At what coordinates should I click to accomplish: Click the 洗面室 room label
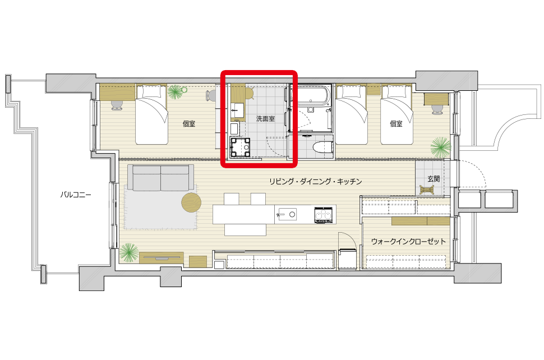pos(265,119)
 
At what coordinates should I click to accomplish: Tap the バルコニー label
pos(76,195)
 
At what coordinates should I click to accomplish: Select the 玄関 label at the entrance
pos(434,179)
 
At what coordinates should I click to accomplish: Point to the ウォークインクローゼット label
pos(408,241)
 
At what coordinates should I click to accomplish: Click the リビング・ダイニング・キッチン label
pos(316,181)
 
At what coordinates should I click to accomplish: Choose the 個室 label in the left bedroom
pos(189,124)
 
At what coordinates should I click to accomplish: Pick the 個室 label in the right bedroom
pos(396,124)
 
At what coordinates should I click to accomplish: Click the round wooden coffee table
pos(191,202)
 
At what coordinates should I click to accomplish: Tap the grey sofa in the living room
pos(160,178)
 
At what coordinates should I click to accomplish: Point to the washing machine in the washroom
pos(240,147)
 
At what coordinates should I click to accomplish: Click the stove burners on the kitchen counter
pos(324,215)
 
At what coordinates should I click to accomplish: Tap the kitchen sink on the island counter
pos(287,214)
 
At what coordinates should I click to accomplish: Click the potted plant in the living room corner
pos(129,252)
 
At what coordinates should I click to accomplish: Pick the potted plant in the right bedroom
pos(441,147)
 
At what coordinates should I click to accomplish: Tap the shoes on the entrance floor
pos(427,190)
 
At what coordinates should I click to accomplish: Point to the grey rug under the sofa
pos(160,207)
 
